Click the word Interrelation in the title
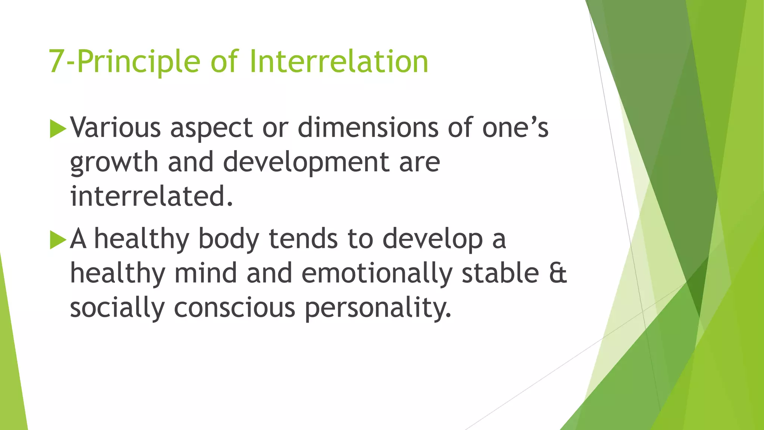click(339, 62)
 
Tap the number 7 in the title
click(56, 62)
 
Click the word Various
click(116, 128)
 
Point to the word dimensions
click(368, 128)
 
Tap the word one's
click(515, 128)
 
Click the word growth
click(114, 163)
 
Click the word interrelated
click(151, 196)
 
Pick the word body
click(228, 239)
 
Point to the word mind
click(206, 273)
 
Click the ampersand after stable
click(558, 273)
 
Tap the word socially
click(117, 308)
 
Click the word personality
click(378, 308)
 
